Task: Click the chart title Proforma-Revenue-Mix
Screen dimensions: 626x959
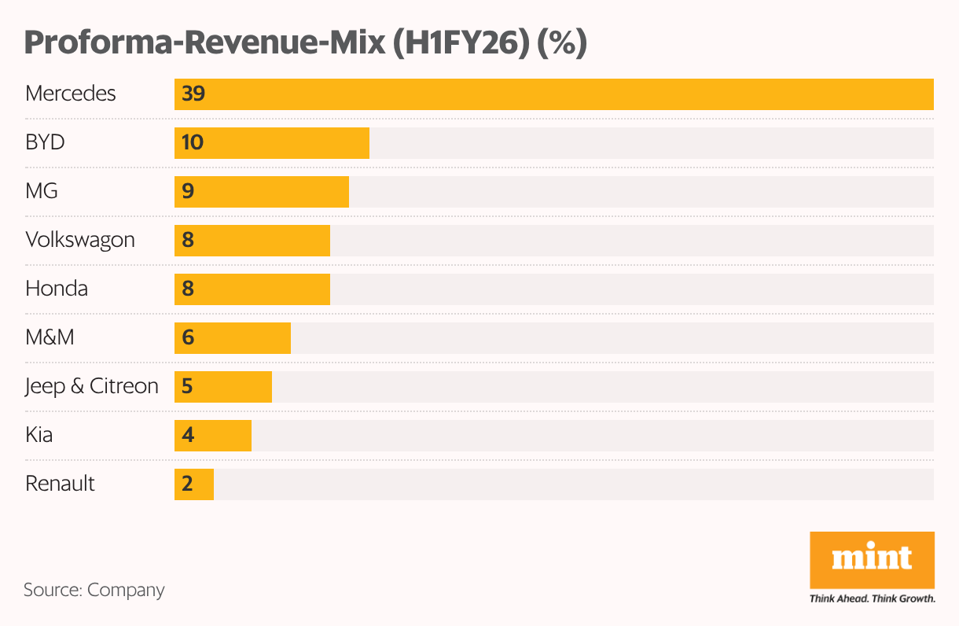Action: point(306,43)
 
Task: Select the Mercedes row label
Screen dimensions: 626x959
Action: point(71,94)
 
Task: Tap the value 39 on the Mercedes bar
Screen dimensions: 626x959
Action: point(193,94)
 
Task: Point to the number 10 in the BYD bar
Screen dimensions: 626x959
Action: point(192,143)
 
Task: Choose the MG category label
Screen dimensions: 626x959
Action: point(42,191)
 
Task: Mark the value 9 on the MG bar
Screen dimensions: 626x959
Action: point(188,192)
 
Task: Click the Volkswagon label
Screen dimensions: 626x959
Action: point(80,240)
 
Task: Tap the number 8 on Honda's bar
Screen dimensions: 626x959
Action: point(188,289)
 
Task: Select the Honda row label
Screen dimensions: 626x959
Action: point(57,289)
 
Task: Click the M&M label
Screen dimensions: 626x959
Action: point(50,337)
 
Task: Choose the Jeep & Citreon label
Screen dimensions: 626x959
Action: point(92,386)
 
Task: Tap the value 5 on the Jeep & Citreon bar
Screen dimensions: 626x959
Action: point(188,387)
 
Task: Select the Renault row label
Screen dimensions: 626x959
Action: point(60,484)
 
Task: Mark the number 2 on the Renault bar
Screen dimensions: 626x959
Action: point(187,484)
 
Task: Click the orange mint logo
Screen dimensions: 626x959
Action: point(872,559)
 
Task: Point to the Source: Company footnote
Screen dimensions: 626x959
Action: point(94,590)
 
